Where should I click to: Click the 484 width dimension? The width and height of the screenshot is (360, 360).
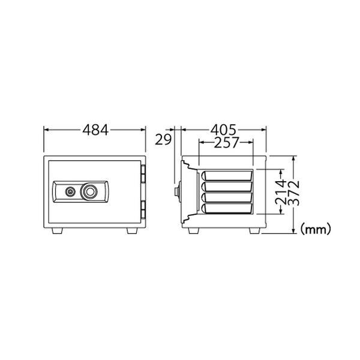coord(95,130)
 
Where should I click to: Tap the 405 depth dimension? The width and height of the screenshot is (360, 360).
coord(223,130)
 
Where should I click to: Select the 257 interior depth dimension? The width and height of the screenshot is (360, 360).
coord(227,143)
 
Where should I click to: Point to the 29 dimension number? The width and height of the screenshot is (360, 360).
coord(163,140)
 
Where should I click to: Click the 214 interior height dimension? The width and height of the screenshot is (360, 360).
coord(281,192)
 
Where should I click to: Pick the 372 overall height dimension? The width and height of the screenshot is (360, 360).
coord(293,193)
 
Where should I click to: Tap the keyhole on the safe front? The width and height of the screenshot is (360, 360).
coord(70,192)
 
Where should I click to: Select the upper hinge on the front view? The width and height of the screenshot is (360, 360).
coord(143,173)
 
